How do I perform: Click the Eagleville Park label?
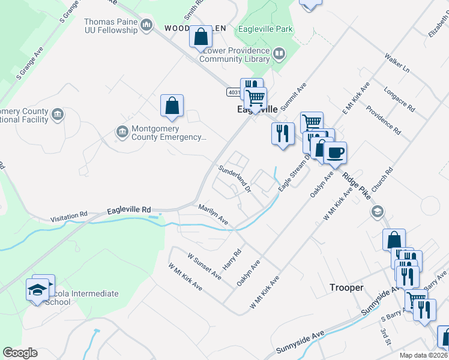point(265,28)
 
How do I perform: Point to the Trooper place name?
point(346,287)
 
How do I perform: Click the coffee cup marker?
point(335,153)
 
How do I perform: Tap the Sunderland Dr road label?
point(234,178)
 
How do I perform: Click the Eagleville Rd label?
point(129,210)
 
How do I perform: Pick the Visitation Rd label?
point(69,215)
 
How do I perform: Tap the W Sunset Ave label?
point(203,265)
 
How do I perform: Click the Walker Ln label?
point(397,64)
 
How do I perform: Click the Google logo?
point(20,353)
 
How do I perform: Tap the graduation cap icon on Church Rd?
point(378,211)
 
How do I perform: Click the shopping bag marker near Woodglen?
point(200,37)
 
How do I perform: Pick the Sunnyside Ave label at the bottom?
point(300,342)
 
